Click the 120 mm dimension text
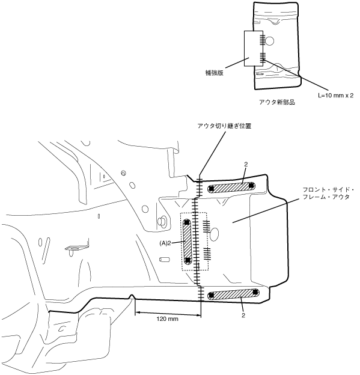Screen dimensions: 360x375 [167, 319]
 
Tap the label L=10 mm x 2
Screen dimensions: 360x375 [335, 96]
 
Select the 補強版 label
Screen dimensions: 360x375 [215, 73]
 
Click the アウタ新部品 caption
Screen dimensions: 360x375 [277, 102]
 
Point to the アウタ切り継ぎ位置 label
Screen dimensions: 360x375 [224, 126]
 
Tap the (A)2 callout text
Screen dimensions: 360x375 [165, 243]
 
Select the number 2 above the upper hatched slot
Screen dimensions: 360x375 [246, 164]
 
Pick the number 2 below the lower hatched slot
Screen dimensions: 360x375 [243, 316]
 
